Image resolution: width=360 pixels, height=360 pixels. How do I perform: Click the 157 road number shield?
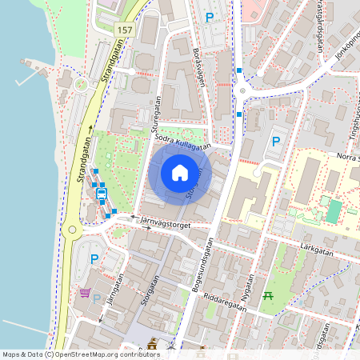(124, 30)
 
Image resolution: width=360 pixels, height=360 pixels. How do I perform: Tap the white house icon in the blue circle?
(180, 173)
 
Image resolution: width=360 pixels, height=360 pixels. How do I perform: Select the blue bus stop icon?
(102, 192)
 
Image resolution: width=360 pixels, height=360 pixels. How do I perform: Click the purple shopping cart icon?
(84, 294)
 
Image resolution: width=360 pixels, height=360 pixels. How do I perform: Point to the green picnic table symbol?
(269, 296)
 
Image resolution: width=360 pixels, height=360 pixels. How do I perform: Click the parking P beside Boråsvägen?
(210, 17)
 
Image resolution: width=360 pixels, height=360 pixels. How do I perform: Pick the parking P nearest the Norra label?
(276, 142)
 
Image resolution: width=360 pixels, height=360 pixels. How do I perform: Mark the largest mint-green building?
(333, 211)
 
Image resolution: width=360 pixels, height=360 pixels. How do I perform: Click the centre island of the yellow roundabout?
(73, 231)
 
